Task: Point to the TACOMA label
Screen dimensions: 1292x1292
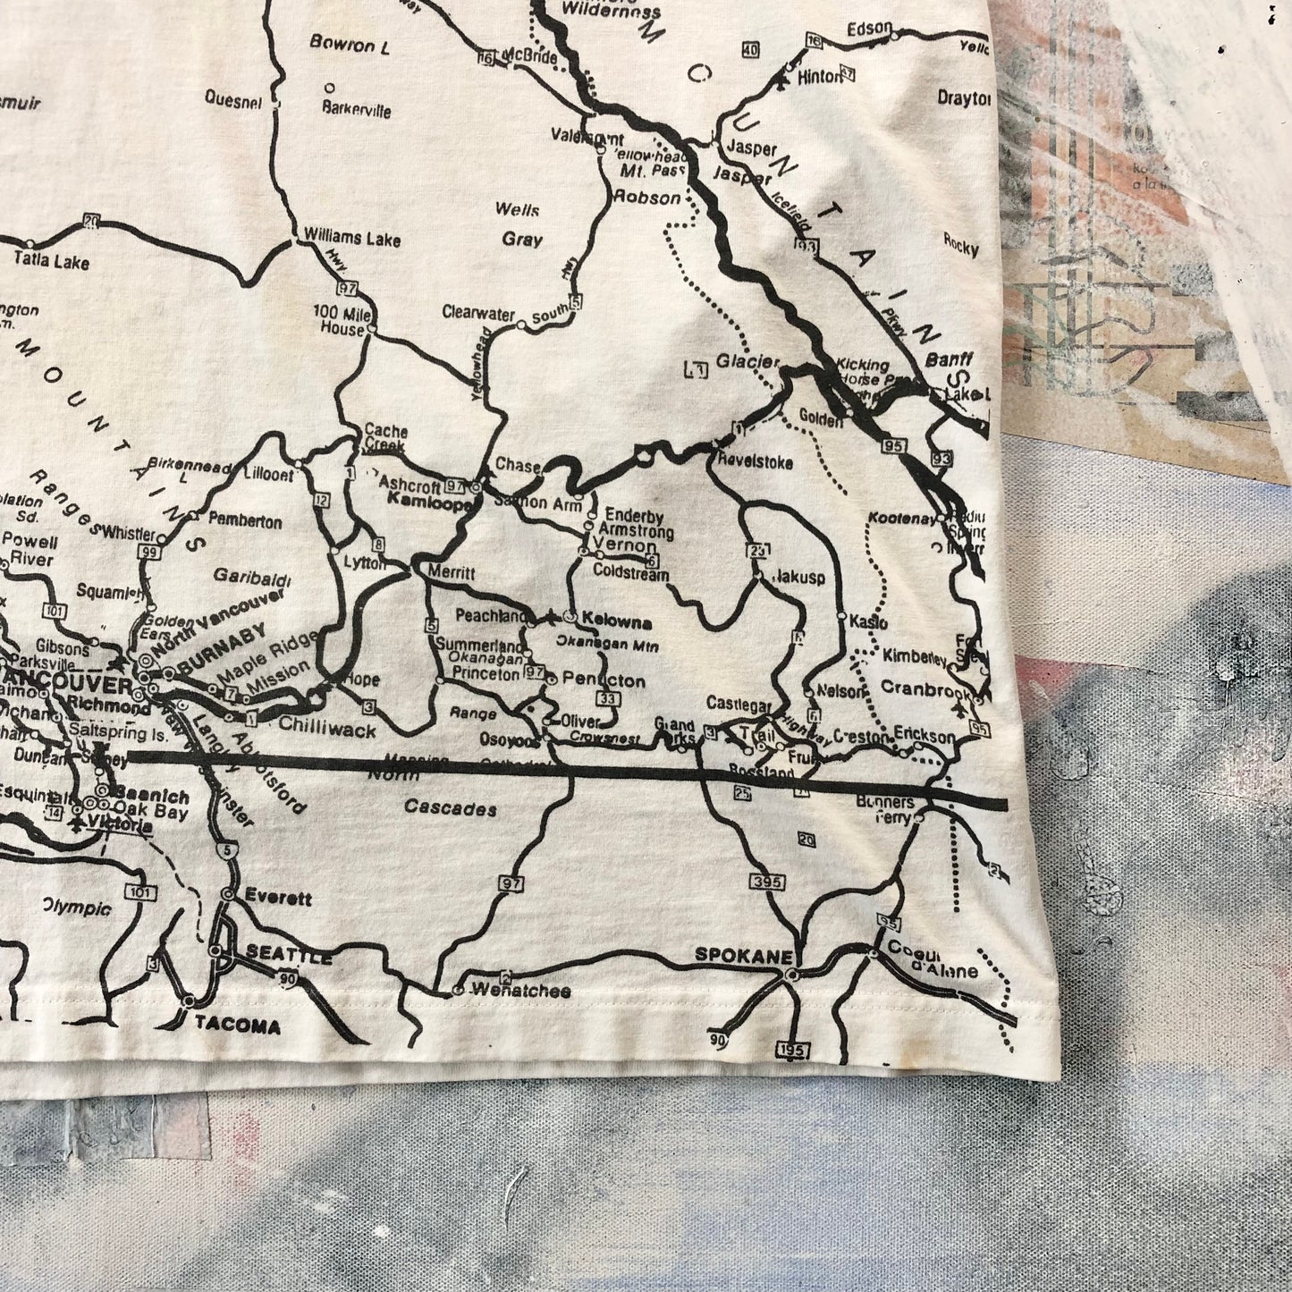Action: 239,1026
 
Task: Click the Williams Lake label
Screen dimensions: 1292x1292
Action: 351,238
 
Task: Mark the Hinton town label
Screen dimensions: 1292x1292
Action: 819,77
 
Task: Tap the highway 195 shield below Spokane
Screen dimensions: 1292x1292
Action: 792,1049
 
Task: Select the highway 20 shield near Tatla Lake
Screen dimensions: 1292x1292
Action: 90,219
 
